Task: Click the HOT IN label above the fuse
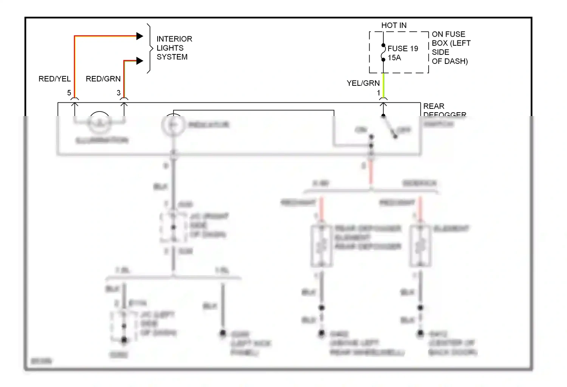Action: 393,25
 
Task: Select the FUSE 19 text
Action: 403,48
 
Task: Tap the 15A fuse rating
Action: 394,58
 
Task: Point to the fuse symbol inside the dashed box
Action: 383,53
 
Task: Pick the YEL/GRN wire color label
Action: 363,83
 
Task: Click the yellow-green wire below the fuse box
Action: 383,85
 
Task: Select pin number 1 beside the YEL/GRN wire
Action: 378,93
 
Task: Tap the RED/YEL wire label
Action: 54,79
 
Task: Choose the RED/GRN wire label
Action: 103,79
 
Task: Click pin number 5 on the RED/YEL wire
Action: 69,93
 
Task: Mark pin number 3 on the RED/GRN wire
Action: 118,93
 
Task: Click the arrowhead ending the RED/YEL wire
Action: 139,36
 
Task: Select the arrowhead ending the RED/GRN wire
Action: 139,61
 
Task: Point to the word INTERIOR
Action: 174,39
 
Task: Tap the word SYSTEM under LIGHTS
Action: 172,57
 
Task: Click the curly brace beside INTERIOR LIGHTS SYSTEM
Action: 150,48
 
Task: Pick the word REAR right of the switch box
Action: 434,106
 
